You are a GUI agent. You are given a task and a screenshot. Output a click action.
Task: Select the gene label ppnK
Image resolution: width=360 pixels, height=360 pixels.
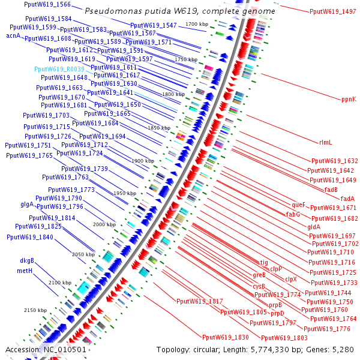[349, 99]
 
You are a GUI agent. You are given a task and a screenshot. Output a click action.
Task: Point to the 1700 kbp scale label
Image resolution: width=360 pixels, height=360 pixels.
[197, 23]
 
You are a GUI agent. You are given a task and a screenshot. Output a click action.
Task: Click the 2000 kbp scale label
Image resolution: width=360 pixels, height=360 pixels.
[104, 224]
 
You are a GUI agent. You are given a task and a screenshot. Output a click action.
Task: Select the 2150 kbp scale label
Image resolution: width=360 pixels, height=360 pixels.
[35, 310]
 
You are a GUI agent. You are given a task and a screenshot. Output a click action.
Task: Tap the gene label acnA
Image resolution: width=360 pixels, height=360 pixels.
[13, 36]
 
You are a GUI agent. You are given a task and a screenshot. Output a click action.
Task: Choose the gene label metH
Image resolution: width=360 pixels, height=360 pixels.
[25, 271]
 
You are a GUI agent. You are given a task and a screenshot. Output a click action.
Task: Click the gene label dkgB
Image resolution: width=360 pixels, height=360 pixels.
[26, 261]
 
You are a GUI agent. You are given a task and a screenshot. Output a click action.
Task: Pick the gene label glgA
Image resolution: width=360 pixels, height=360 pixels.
[27, 205]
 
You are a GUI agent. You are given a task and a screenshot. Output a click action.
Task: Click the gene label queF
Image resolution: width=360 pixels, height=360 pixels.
[298, 205]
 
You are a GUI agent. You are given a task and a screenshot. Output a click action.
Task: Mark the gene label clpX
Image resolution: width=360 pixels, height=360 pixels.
[290, 279]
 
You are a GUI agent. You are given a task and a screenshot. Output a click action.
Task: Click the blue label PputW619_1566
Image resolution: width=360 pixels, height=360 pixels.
[47, 4]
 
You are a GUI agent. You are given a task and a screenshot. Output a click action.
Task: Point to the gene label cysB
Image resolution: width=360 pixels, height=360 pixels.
[259, 286]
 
